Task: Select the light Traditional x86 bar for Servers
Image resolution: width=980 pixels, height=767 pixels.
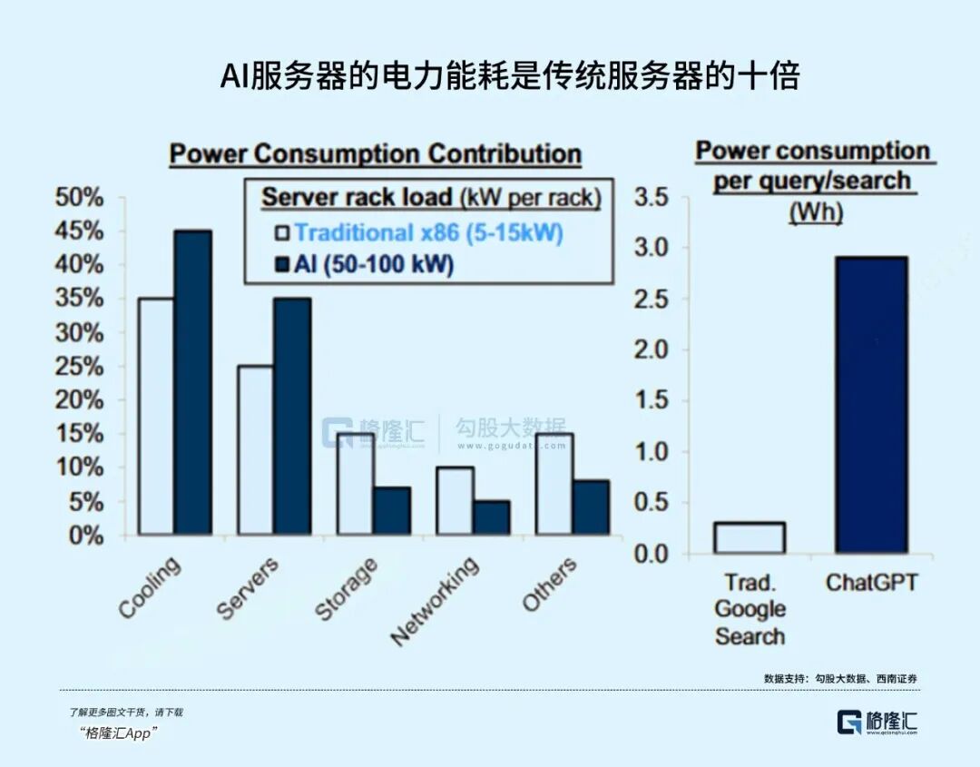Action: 255,450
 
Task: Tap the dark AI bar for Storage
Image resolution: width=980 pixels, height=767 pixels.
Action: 392,511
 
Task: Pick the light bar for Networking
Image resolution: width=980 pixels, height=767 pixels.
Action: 454,501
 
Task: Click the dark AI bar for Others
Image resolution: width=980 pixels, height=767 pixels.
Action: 591,507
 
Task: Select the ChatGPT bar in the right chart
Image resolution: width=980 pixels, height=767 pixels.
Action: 871,405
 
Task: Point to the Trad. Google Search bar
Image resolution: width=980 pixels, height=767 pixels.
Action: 749,537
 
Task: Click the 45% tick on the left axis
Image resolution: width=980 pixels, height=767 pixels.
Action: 80,231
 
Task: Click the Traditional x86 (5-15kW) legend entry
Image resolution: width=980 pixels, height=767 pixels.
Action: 418,233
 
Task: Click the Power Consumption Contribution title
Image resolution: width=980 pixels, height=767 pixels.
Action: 375,153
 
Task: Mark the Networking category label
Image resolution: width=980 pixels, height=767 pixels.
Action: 436,600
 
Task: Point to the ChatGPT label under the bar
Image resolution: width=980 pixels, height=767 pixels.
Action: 871,582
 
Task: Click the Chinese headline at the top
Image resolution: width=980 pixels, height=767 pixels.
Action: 509,76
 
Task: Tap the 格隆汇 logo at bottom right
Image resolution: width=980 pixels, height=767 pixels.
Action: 877,722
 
